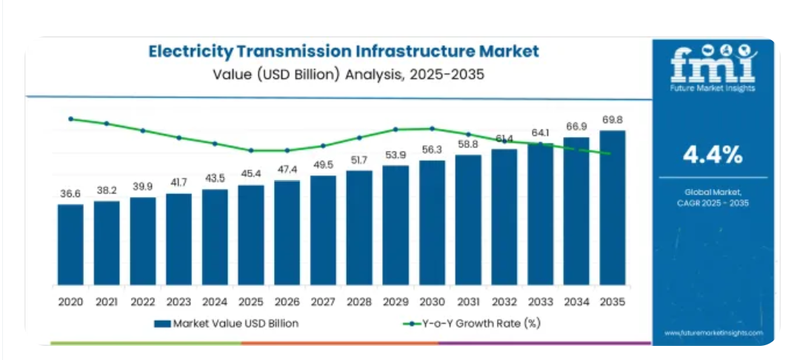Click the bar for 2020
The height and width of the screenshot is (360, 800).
tap(70, 245)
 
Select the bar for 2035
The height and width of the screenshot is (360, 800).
tap(613, 208)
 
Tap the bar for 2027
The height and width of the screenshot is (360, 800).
tap(324, 230)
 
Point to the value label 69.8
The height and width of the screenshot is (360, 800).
tap(613, 120)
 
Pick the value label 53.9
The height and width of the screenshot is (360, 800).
tap(396, 155)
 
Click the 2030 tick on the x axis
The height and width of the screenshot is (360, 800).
tap(432, 301)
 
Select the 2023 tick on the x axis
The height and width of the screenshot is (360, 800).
tap(179, 301)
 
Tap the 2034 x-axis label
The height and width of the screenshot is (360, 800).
tap(576, 301)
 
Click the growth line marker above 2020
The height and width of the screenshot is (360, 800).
tap(70, 119)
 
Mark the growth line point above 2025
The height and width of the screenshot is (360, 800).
tap(251, 150)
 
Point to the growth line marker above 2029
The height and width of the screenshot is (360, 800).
tap(396, 129)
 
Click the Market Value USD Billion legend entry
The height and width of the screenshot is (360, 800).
tap(226, 324)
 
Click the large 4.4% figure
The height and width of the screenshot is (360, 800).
tap(712, 156)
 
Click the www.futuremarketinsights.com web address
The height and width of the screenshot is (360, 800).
tap(713, 333)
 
